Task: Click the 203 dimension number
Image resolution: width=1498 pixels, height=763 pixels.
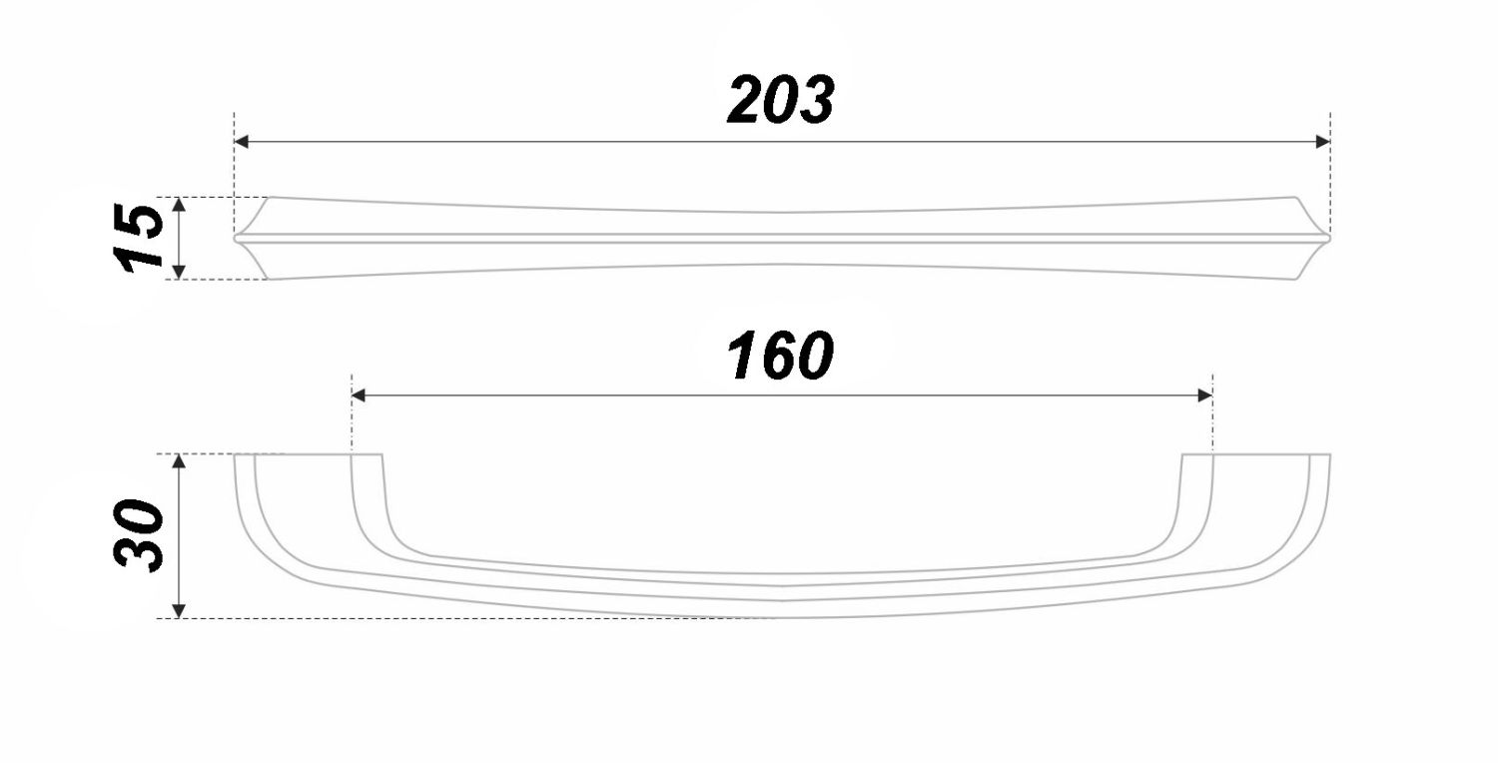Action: (x=781, y=100)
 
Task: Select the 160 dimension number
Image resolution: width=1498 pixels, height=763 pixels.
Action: (x=780, y=356)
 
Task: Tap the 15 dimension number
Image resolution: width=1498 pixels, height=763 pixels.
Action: (x=139, y=239)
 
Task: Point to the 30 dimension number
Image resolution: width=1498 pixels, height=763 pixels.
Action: (x=139, y=535)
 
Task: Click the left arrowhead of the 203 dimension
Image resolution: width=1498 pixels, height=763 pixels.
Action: (x=242, y=142)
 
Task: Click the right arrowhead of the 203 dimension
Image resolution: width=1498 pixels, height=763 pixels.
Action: (x=1322, y=142)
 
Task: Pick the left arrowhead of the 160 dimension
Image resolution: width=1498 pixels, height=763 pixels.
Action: (x=359, y=395)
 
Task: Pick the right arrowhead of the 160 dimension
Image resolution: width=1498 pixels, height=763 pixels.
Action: (x=1205, y=395)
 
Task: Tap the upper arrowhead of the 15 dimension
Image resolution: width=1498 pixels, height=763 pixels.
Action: (x=179, y=205)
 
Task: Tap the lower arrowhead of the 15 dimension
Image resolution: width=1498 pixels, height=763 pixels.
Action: (x=179, y=272)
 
